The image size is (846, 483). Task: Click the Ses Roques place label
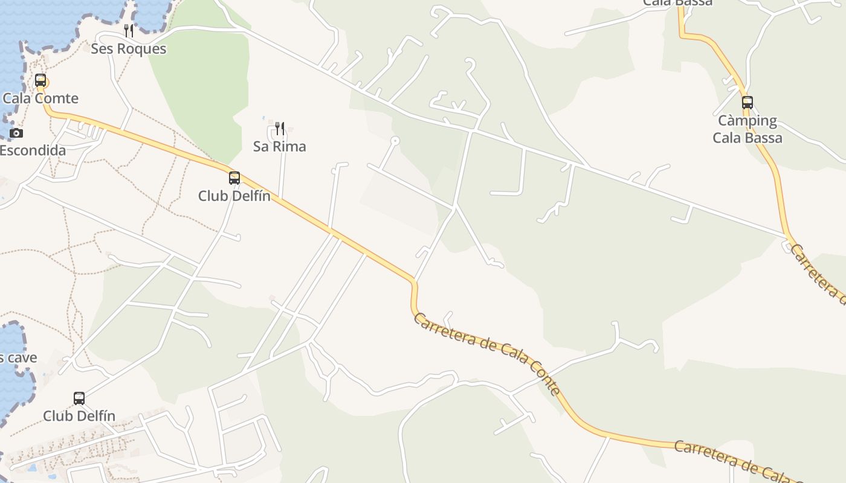tap(128, 49)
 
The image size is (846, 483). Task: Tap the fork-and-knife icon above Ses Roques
tap(128, 30)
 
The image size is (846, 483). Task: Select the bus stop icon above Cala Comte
tap(40, 80)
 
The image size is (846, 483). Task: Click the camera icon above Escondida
tap(16, 133)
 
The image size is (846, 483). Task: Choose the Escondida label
tap(32, 150)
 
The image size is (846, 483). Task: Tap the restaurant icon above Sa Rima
tap(279, 128)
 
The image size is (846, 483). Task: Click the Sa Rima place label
tap(279, 146)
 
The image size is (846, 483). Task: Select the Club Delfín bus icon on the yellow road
tap(234, 178)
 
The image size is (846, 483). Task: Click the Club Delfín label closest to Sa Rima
tap(234, 196)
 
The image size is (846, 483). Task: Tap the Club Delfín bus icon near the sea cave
tap(79, 398)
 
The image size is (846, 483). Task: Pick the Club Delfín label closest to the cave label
tap(79, 416)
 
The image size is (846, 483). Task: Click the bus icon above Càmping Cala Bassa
tap(748, 102)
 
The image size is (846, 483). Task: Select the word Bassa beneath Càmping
tap(764, 138)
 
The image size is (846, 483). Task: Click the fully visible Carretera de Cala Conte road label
tap(487, 353)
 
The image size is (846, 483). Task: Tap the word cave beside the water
tap(22, 357)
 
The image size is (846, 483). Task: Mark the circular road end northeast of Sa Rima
tap(395, 141)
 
